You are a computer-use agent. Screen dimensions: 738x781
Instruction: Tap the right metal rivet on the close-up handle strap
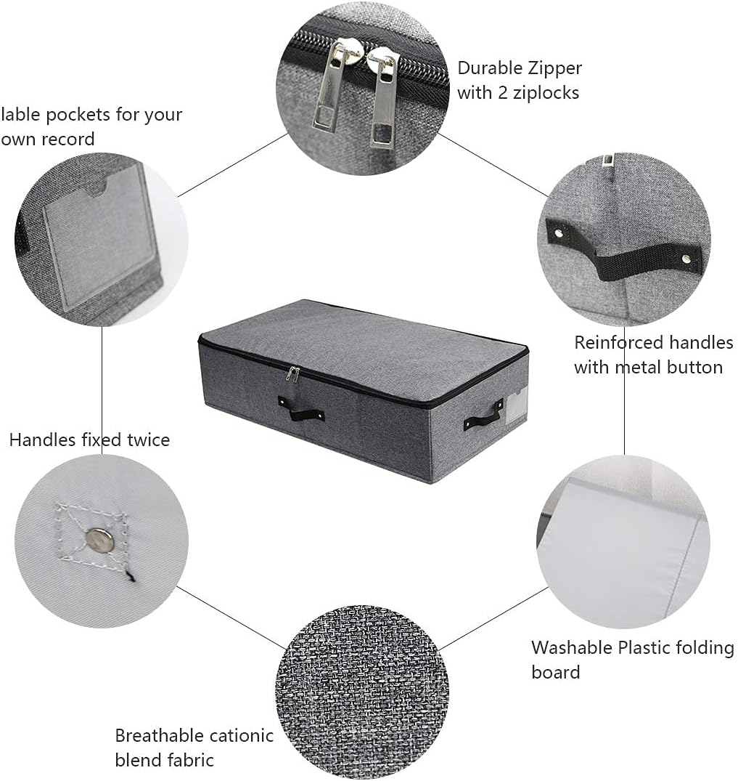(x=686, y=258)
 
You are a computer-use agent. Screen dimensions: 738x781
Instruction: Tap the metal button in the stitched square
(x=99, y=539)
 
